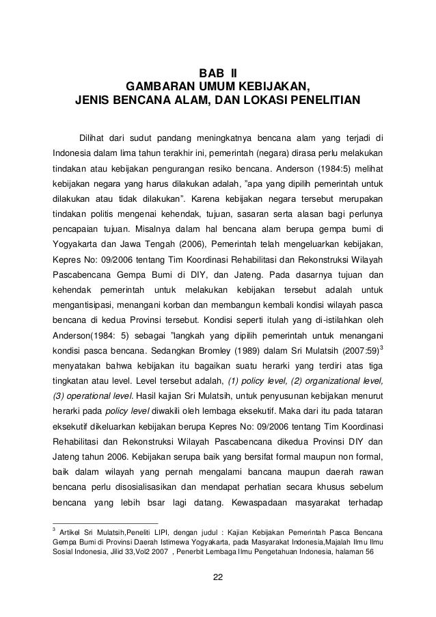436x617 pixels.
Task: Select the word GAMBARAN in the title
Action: click(154, 88)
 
